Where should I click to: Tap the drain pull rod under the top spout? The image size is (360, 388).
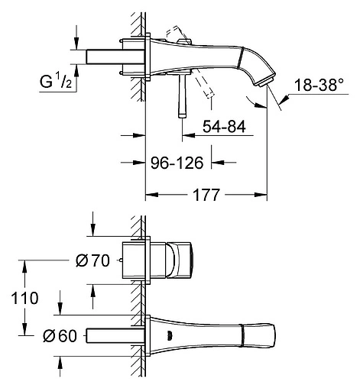coord(182,95)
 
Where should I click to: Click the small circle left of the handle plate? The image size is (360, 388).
coord(122,260)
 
